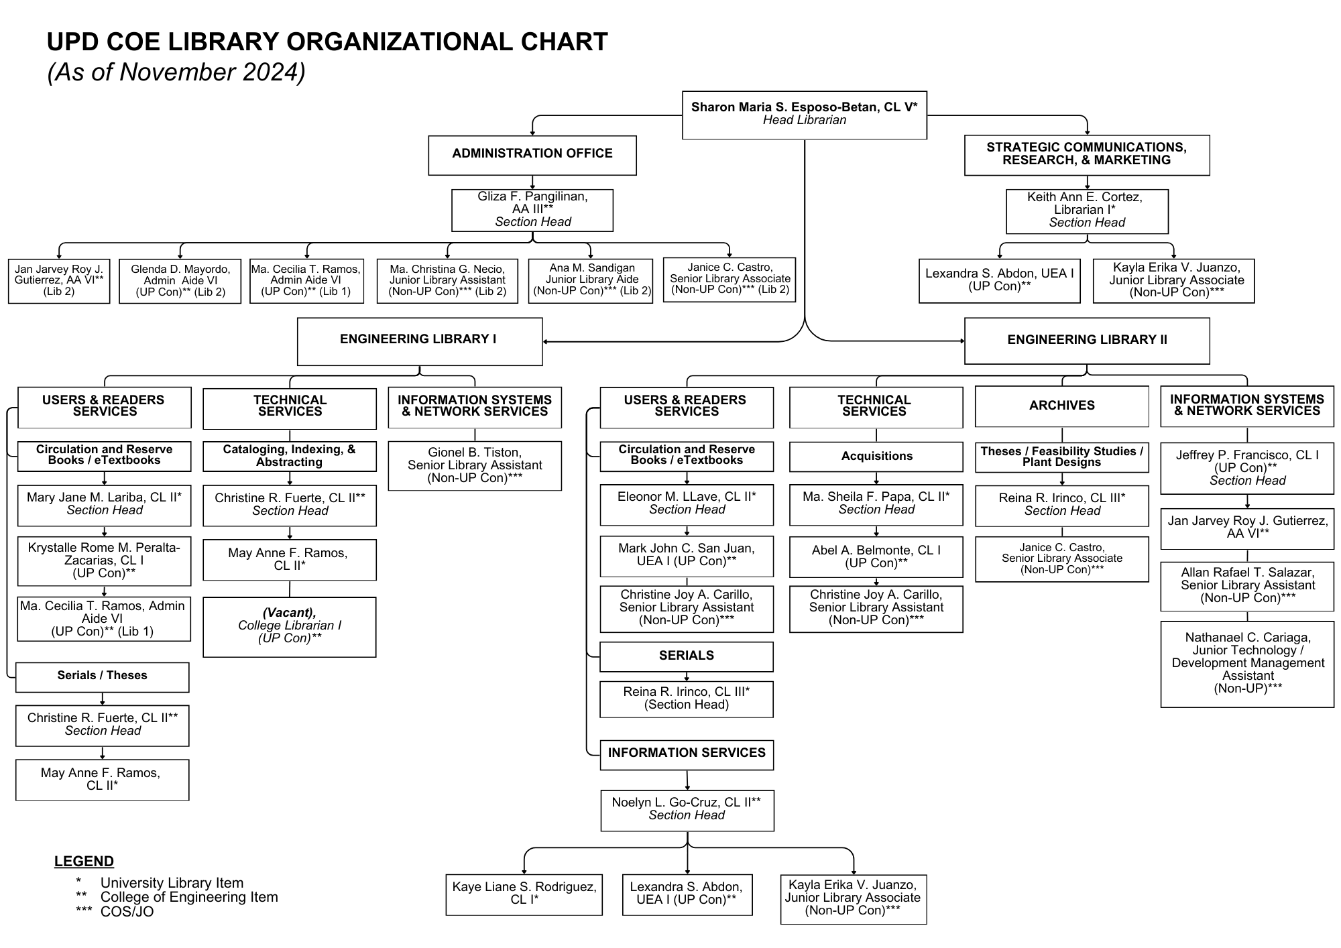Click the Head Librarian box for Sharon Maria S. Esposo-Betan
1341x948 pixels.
coord(805,115)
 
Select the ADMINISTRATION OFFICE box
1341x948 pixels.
coord(532,156)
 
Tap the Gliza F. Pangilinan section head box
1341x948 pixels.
coord(532,211)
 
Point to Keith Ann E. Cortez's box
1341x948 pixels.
coord(1087,211)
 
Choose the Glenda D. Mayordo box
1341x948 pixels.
coord(180,281)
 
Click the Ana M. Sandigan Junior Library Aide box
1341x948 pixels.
coord(591,281)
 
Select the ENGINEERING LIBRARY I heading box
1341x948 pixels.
coord(420,342)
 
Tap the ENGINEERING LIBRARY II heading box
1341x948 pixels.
coord(1087,341)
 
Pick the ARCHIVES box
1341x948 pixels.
coord(1062,407)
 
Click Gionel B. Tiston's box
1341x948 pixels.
coord(475,466)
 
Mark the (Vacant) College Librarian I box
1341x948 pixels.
coord(290,627)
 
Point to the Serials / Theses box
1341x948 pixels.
coord(103,677)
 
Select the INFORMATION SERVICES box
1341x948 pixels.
coord(687,755)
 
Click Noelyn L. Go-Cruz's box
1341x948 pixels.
coord(687,811)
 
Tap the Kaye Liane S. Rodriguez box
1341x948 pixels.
coord(524,894)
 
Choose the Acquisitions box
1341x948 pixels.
coord(876,457)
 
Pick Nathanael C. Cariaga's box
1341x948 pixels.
coord(1248,664)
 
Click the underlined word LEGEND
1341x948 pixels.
coord(84,862)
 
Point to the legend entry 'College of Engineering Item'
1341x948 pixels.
coord(189,897)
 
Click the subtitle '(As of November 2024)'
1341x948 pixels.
coord(176,72)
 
